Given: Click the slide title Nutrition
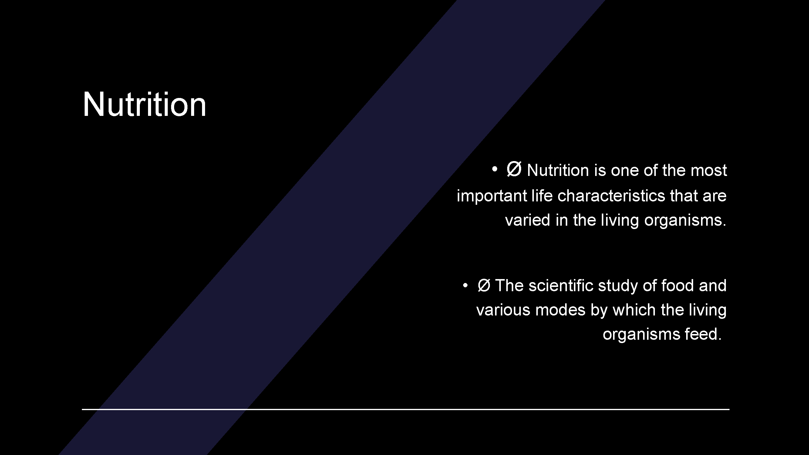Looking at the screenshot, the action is [x=144, y=104].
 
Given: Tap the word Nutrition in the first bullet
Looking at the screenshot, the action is [x=558, y=170].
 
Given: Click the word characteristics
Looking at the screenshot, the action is [x=611, y=196].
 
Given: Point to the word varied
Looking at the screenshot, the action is [x=528, y=220].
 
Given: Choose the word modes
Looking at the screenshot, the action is [x=560, y=310].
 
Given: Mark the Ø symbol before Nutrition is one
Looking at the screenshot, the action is [x=514, y=170].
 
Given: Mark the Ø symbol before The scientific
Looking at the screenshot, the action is [x=484, y=285].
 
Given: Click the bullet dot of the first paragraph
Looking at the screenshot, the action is [x=495, y=169].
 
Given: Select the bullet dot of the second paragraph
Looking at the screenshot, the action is [x=465, y=285].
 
